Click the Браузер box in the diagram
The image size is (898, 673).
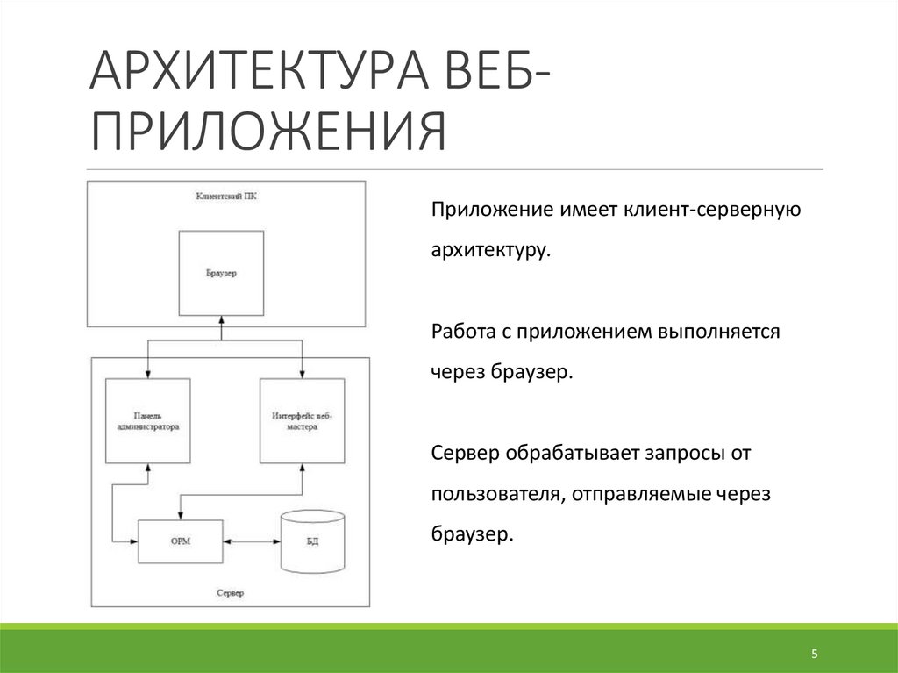[221, 273]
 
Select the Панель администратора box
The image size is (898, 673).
[148, 420]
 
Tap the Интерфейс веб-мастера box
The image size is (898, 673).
[302, 420]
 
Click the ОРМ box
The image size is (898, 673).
[181, 541]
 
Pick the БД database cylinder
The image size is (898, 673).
[312, 541]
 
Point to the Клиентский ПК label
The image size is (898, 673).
[226, 196]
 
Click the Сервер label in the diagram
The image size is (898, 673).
[230, 593]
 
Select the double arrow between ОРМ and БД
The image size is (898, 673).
[251, 541]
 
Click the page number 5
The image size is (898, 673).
[814, 655]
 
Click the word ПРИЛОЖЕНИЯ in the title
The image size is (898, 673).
[267, 132]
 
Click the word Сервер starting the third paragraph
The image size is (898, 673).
[463, 455]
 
